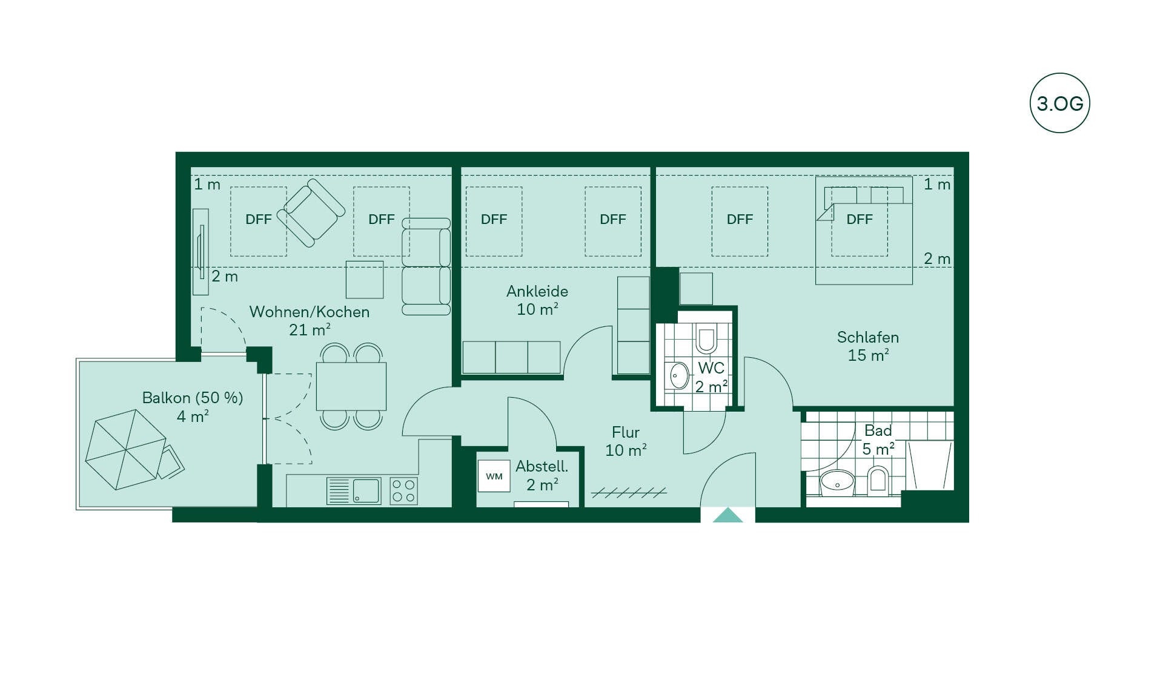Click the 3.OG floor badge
click(1059, 103)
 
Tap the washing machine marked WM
click(494, 476)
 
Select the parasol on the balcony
click(125, 449)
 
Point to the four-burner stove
click(403, 490)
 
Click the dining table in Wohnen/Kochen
click(351, 386)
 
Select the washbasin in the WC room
click(678, 376)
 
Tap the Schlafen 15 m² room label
click(867, 346)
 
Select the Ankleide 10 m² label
click(537, 300)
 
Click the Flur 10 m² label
click(626, 441)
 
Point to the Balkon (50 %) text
click(193, 398)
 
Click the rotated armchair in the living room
click(311, 212)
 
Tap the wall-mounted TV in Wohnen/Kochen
click(200, 252)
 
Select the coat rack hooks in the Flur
click(628, 493)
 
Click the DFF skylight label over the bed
click(860, 219)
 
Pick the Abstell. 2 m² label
click(542, 475)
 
